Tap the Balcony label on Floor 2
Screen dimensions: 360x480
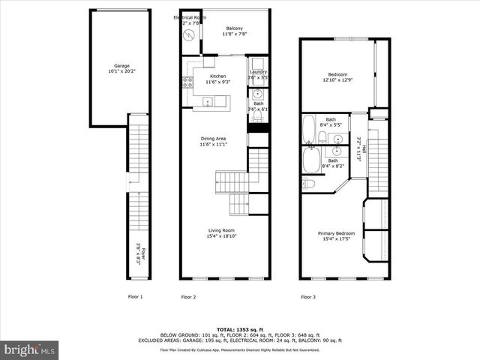pyautogui.click(x=234, y=29)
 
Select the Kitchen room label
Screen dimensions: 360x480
pyautogui.click(x=217, y=76)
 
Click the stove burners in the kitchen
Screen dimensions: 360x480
pyautogui.click(x=186, y=82)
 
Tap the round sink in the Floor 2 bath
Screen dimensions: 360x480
pyautogui.click(x=258, y=94)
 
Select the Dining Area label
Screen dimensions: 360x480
pyautogui.click(x=213, y=139)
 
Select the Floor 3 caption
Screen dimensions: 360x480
pyautogui.click(x=308, y=297)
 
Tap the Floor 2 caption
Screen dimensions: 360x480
pyautogui.click(x=188, y=297)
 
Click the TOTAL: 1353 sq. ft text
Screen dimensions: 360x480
pyautogui.click(x=238, y=329)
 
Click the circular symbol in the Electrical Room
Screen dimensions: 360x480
pyautogui.click(x=190, y=34)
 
